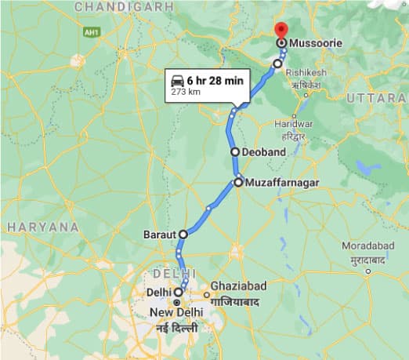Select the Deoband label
263,152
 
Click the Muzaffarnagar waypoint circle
238,183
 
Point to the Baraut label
161,234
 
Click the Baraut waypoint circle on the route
183,234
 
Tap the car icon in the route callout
179,80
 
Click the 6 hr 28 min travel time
215,80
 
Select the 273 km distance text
185,93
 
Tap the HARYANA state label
42,227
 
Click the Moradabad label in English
368,246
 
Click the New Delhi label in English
176,312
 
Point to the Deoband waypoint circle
234,152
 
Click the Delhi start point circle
179,292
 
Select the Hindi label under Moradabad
368,258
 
